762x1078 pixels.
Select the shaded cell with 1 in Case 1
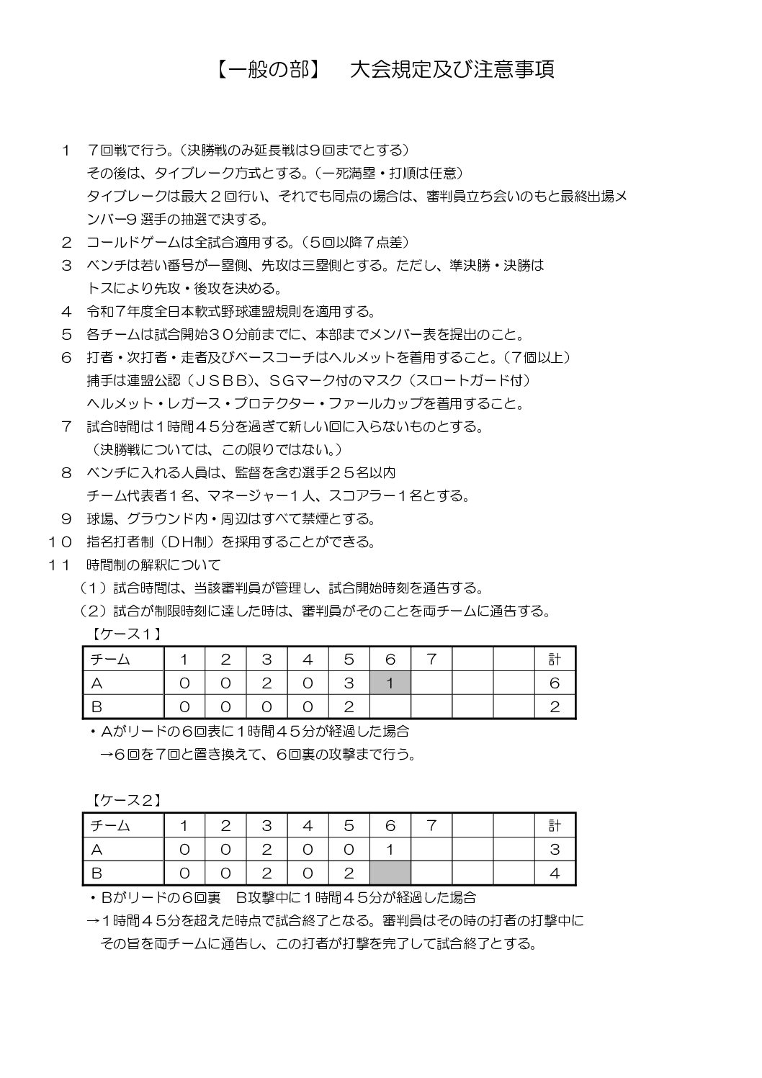pos(390,683)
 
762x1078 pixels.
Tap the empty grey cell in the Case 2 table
pos(390,873)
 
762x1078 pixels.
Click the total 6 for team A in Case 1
pos(554,683)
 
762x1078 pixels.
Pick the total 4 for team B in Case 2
pos(554,873)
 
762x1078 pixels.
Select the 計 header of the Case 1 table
pos(554,659)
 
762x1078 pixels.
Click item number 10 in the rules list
pos(60,542)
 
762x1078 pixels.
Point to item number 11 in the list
pos(60,565)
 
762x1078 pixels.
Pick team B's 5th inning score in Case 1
pos(349,706)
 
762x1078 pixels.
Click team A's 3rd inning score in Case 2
pos(266,849)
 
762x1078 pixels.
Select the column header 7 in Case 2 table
pos(431,825)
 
